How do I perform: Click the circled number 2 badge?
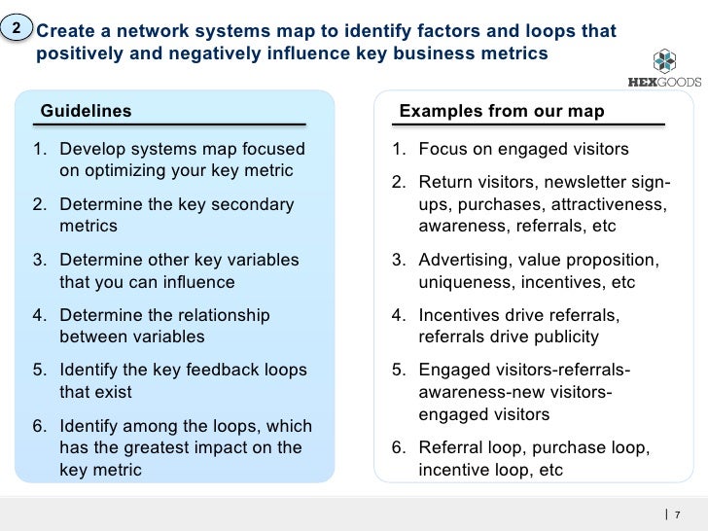(x=16, y=29)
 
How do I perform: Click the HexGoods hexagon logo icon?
(x=664, y=62)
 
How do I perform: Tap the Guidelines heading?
(x=86, y=111)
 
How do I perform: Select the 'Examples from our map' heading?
(x=502, y=111)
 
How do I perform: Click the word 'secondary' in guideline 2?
(x=248, y=204)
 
